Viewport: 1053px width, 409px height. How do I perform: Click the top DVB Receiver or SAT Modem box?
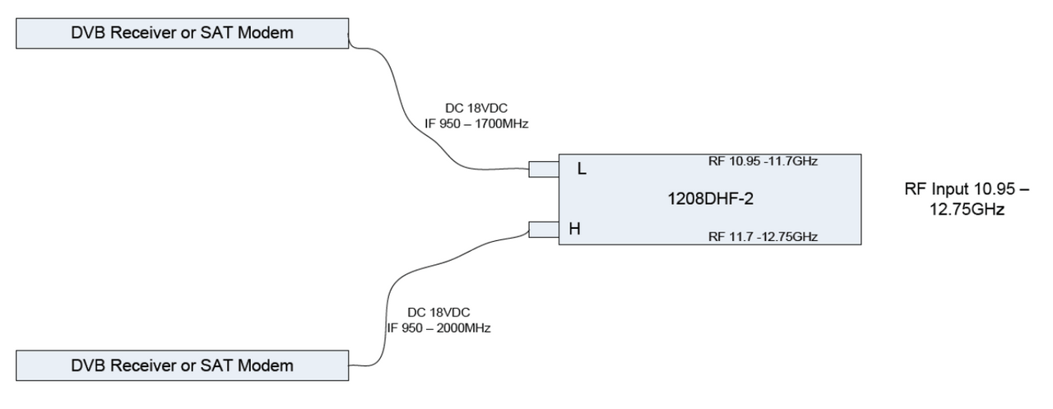click(x=183, y=34)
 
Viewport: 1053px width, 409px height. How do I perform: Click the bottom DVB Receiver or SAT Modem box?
click(x=183, y=365)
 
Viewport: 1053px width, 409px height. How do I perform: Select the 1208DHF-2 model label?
click(x=710, y=199)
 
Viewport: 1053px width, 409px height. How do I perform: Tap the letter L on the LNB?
click(x=582, y=169)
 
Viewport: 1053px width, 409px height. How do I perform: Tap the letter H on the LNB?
click(x=574, y=229)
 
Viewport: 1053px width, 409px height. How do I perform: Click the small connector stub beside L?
click(x=544, y=170)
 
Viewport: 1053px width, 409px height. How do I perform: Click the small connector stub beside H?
click(x=544, y=230)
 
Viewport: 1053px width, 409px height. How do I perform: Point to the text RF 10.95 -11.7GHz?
click(x=763, y=161)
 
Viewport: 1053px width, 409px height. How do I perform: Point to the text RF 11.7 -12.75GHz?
click(x=763, y=236)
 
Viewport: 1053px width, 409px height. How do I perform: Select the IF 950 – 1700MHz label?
click(x=476, y=123)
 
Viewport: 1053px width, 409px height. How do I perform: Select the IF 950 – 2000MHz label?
click(x=438, y=328)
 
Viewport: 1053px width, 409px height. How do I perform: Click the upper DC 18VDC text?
click(x=476, y=108)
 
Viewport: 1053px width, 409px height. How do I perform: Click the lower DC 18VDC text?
click(x=438, y=313)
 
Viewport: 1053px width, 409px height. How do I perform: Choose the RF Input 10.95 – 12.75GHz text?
click(x=967, y=199)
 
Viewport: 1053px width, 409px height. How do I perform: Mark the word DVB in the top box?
click(x=88, y=33)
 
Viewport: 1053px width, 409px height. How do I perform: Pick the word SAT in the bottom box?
click(x=216, y=365)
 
